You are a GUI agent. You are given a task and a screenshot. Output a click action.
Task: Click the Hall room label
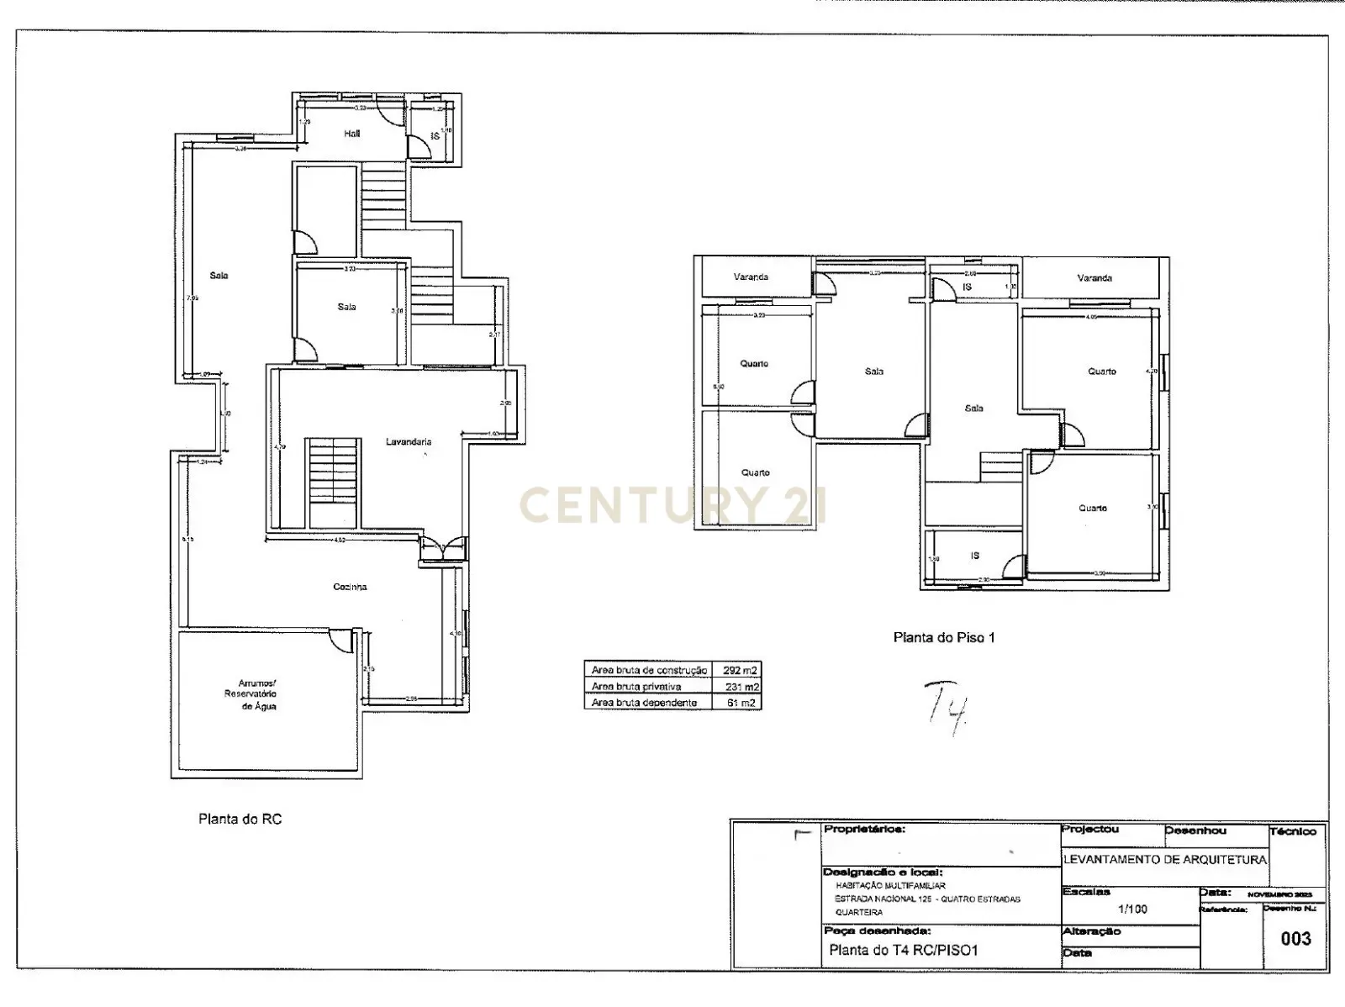point(351,134)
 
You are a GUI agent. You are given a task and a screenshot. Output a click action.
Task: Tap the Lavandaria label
point(409,441)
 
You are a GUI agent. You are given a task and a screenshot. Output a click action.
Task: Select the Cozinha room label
point(350,587)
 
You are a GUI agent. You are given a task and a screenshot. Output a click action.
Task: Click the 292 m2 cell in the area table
point(740,671)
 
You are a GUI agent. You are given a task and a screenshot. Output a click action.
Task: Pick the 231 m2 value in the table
point(741,687)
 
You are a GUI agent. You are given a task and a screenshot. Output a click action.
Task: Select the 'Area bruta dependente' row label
point(644,703)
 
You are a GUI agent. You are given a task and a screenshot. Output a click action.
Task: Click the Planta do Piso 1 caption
point(944,638)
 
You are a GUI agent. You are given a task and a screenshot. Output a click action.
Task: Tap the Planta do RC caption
point(240,819)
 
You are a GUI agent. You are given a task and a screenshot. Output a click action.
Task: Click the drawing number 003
point(1295,939)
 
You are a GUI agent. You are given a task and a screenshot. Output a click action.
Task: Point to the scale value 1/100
point(1132,909)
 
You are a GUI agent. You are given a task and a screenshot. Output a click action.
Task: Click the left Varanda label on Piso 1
point(751,277)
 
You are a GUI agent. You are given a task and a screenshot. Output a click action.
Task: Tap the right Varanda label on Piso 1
point(1094,278)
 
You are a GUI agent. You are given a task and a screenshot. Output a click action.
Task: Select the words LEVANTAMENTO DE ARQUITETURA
point(1164,859)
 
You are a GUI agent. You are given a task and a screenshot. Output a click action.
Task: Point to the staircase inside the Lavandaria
point(333,482)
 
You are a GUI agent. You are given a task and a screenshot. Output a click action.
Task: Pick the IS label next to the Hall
point(435,135)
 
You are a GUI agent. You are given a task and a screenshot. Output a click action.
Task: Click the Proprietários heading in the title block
point(864,830)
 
